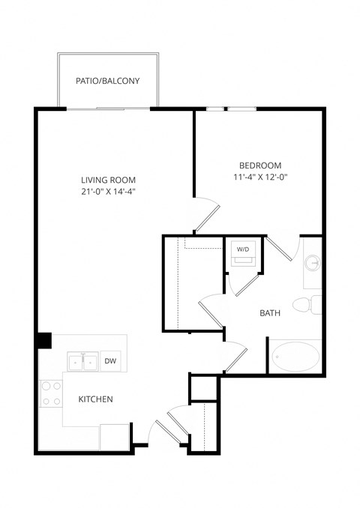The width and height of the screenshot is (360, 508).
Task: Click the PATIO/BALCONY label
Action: click(x=108, y=81)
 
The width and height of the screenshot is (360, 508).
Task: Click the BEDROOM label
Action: click(x=260, y=166)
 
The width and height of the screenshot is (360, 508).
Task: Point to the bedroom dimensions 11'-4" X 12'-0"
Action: click(x=260, y=177)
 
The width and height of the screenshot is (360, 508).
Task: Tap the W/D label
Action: click(x=243, y=249)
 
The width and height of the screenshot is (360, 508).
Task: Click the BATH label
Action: click(x=270, y=313)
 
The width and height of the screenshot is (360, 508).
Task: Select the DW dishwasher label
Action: click(x=110, y=361)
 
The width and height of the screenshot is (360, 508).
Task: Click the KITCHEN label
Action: click(x=96, y=399)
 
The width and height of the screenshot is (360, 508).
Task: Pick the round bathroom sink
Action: click(x=313, y=264)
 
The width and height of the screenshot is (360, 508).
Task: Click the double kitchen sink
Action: click(x=82, y=362)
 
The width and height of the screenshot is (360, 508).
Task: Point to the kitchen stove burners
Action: click(x=51, y=394)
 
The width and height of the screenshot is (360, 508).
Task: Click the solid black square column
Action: click(x=44, y=339)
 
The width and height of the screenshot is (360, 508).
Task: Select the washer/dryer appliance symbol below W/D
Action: click(x=243, y=261)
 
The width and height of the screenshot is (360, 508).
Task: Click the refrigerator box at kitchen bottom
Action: click(x=115, y=437)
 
